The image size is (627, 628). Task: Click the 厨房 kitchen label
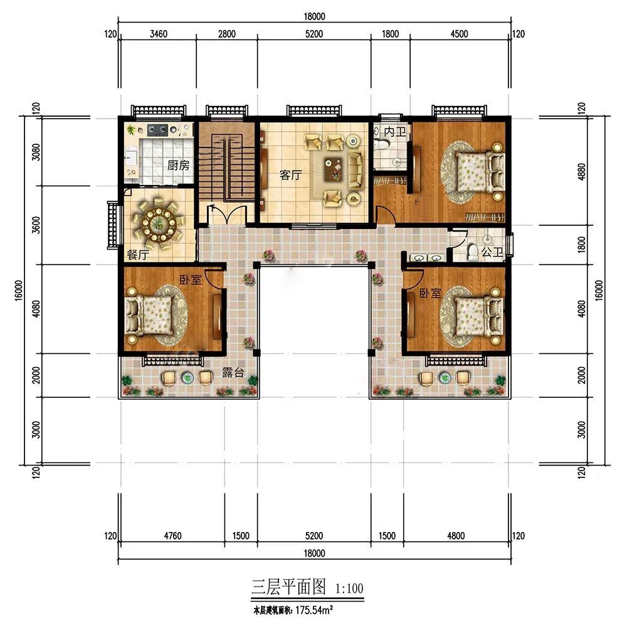pyautogui.click(x=178, y=165)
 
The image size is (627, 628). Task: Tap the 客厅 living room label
pyautogui.click(x=290, y=175)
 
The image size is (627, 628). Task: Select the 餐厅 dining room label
pyautogui.click(x=138, y=255)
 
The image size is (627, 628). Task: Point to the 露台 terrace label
pyautogui.click(x=233, y=373)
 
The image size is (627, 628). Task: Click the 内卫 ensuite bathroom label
pyautogui.click(x=395, y=131)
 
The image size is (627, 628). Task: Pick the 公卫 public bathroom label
pyautogui.click(x=492, y=252)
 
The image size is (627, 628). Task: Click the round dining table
pyautogui.click(x=159, y=223)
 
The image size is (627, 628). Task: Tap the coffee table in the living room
pyautogui.click(x=334, y=168)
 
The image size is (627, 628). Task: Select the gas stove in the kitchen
pyautogui.click(x=157, y=129)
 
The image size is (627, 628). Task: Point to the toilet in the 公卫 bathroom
pyautogui.click(x=473, y=252)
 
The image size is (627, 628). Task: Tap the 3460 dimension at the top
pyautogui.click(x=159, y=34)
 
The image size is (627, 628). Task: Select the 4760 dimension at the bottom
pyautogui.click(x=172, y=536)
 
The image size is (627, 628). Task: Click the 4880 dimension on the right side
pyautogui.click(x=582, y=172)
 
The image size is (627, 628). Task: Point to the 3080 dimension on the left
pyautogui.click(x=36, y=152)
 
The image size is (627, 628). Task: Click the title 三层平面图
pyautogui.click(x=288, y=587)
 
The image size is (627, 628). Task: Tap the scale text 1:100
pyautogui.click(x=349, y=588)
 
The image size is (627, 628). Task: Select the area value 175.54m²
pyautogui.click(x=314, y=610)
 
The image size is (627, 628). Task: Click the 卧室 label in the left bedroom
pyautogui.click(x=191, y=280)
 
